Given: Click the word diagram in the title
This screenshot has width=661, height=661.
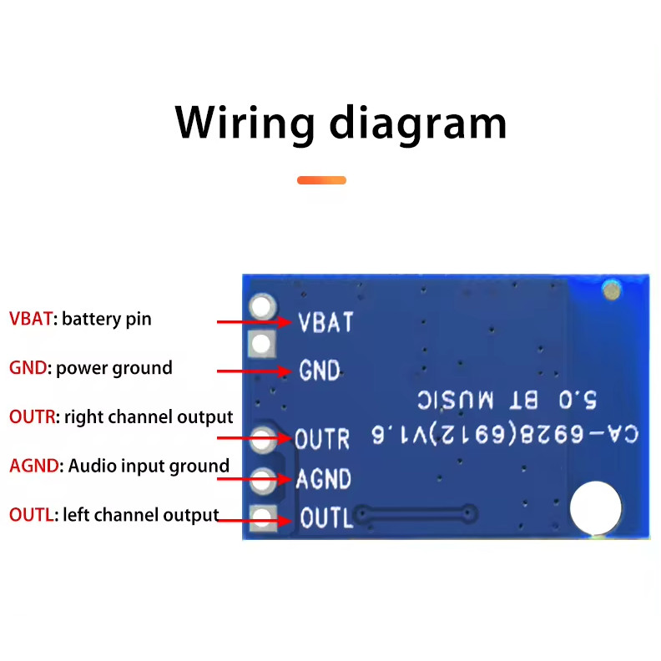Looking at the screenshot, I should [x=418, y=124].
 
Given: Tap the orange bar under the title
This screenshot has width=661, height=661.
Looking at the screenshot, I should [x=321, y=180].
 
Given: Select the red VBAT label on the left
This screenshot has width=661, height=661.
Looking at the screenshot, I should [x=31, y=319].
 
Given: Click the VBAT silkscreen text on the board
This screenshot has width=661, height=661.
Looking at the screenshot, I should [x=326, y=322].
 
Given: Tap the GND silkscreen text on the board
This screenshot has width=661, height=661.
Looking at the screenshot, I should [x=320, y=370].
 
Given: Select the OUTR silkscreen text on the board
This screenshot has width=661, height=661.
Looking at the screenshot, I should [x=322, y=438].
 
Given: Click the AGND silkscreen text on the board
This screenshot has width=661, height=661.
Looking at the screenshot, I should [x=324, y=479].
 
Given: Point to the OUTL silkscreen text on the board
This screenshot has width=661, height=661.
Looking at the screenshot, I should [x=326, y=518].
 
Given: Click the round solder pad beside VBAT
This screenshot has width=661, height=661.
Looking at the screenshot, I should [x=263, y=307].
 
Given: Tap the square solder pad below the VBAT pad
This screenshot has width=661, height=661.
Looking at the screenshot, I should [x=262, y=342].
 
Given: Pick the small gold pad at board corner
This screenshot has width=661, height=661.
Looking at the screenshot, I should [x=613, y=290].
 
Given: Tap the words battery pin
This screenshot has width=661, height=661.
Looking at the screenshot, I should [x=107, y=319].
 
